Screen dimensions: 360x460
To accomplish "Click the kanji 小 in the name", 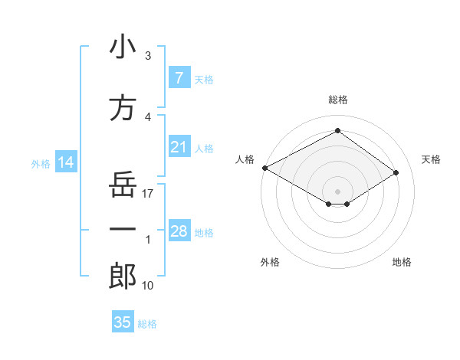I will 123,47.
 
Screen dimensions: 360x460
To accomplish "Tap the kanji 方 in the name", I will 123,108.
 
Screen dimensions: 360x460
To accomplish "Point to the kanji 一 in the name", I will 123,229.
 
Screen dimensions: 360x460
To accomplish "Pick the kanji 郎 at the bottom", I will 123,277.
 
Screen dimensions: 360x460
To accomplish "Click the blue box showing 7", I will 179,77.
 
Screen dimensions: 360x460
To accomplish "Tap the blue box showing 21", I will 179,147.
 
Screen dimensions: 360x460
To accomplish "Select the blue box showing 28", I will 179,231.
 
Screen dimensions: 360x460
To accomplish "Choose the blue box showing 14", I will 65,162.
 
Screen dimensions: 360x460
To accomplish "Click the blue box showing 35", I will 123,322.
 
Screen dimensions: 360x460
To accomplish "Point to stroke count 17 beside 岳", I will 149,194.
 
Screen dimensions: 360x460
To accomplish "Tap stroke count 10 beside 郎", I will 149,286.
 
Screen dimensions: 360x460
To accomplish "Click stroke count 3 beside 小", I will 148,56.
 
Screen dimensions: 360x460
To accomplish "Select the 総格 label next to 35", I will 148,324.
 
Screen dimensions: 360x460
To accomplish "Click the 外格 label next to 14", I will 41,164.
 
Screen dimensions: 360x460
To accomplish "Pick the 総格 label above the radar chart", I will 337,100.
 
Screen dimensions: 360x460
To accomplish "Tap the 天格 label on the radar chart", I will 431,159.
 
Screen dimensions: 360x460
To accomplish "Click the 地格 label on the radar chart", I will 402,262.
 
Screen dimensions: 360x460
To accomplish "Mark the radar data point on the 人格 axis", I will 264,168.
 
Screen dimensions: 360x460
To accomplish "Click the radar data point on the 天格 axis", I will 396,173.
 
